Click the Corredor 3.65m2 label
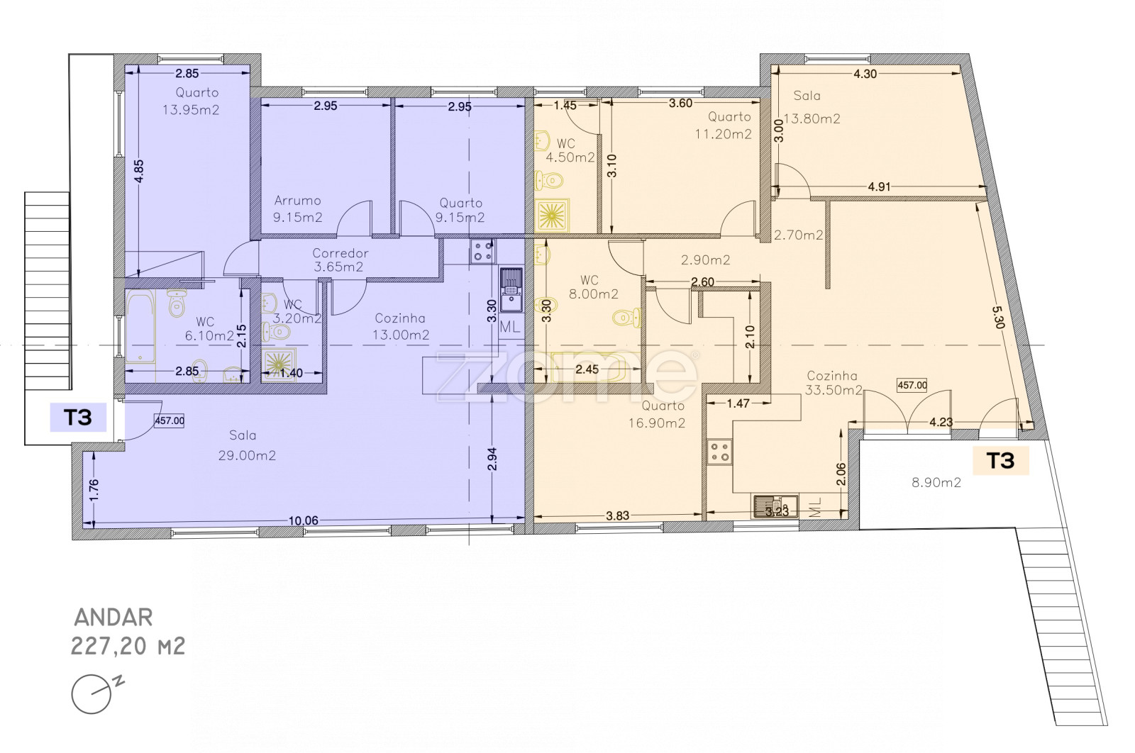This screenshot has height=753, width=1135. (x=340, y=260)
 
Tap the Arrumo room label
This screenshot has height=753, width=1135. (x=297, y=201)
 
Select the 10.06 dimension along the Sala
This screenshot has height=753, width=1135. (x=303, y=520)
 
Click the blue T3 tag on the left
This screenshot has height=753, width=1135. (x=78, y=417)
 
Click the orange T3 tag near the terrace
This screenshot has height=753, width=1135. (x=1001, y=460)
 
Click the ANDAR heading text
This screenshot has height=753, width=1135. (x=113, y=618)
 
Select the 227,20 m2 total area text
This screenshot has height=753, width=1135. (x=128, y=646)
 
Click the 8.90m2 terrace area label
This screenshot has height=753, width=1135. (x=936, y=483)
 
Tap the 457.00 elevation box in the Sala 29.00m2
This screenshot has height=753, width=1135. (x=170, y=420)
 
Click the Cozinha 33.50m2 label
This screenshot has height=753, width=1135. (x=834, y=383)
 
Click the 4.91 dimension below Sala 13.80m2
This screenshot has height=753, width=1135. (x=879, y=186)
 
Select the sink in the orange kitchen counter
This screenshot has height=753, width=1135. (x=775, y=506)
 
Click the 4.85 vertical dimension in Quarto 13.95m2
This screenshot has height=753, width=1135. (x=138, y=171)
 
